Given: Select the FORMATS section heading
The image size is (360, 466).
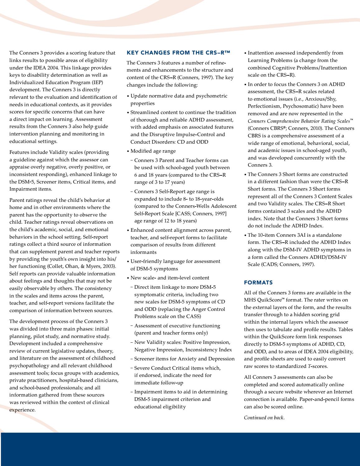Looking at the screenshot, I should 258,283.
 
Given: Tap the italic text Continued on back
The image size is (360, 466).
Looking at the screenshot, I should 264,418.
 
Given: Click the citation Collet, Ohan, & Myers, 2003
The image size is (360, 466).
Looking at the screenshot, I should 81,266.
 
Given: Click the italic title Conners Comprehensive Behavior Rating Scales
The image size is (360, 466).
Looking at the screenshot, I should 300,121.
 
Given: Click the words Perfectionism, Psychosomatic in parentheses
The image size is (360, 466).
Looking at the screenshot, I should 278,106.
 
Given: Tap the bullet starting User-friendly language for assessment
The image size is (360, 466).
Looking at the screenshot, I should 175,261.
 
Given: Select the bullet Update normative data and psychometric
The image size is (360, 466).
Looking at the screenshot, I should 179,96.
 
